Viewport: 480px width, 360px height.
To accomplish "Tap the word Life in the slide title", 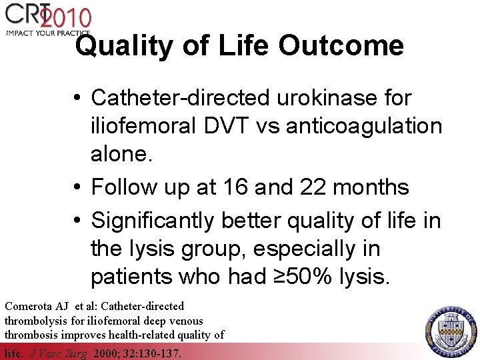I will click(x=239, y=47).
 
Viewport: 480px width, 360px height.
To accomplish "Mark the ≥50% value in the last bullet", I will click(x=307, y=275).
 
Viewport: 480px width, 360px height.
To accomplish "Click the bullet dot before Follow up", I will click(x=79, y=188).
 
